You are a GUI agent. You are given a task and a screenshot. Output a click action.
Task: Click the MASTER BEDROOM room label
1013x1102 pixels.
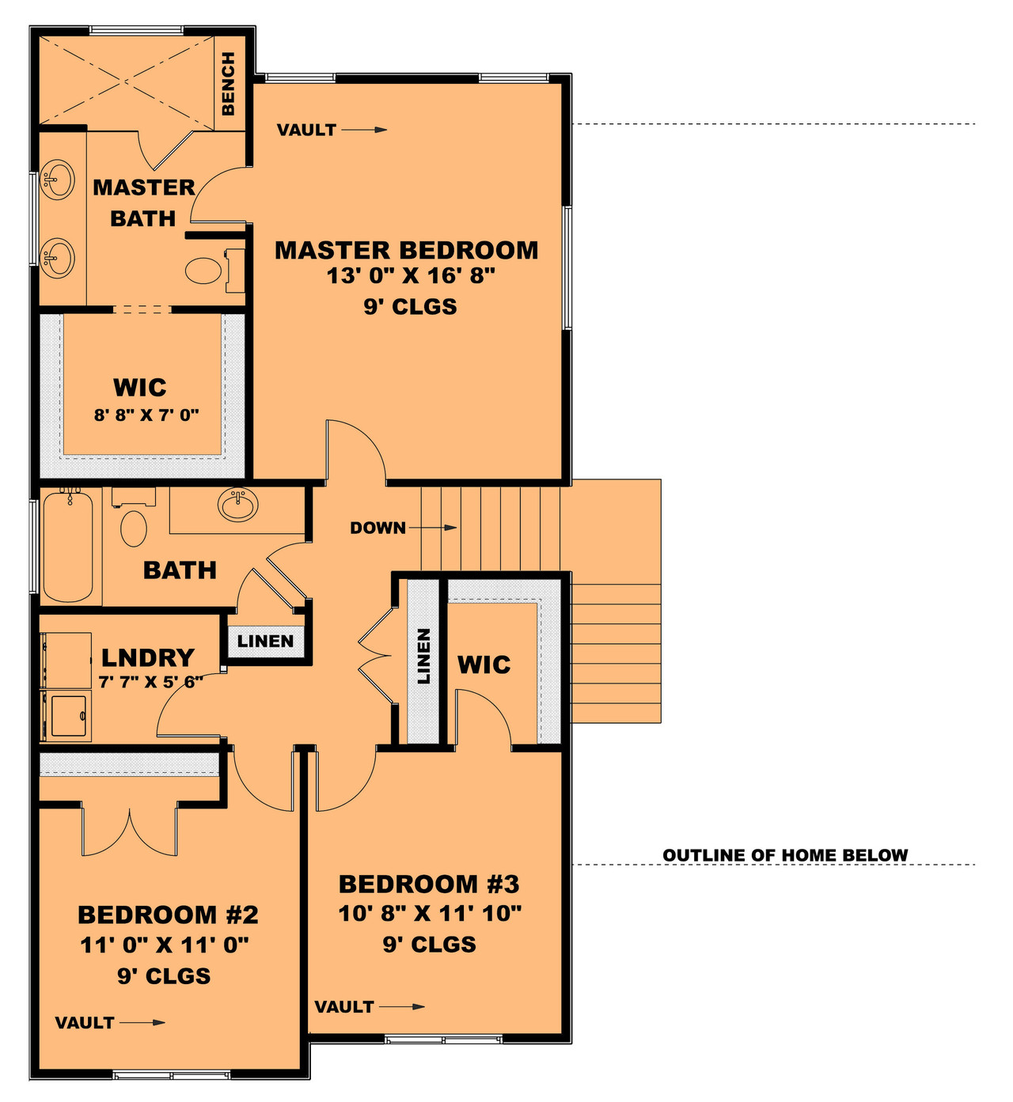406,250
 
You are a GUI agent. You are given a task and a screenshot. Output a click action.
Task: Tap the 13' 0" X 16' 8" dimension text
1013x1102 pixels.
411,276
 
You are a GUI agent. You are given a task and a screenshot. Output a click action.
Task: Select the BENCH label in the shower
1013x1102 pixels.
228,83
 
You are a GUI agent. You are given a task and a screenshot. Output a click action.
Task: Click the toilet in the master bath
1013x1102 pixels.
205,271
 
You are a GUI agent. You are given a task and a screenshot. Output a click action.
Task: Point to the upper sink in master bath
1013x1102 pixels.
58,179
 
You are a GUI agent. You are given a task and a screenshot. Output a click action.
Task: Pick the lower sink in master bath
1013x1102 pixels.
58,258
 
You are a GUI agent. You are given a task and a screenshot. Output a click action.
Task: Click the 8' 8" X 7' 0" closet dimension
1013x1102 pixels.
146,415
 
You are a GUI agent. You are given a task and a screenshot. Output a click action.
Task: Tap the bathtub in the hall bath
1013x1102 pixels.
68,545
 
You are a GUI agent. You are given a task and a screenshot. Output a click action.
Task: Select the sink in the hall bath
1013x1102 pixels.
237,506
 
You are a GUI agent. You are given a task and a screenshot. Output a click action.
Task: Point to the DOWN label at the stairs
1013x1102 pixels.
378,528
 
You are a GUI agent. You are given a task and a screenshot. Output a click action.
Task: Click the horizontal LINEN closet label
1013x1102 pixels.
265,641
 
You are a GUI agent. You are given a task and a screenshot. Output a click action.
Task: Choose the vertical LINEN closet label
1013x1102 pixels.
423,657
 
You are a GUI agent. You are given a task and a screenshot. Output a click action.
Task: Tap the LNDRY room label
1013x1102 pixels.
148,657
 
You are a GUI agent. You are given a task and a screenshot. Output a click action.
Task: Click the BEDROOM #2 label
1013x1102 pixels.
168,915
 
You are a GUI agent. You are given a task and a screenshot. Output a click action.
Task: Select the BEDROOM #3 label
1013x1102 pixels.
430,884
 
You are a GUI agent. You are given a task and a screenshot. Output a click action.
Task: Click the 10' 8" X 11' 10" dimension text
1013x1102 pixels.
430,914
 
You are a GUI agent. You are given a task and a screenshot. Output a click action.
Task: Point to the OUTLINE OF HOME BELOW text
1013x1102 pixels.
785,855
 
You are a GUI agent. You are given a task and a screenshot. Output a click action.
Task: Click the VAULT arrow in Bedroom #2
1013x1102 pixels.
142,1022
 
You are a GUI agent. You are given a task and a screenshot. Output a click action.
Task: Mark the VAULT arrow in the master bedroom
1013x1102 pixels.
365,130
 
